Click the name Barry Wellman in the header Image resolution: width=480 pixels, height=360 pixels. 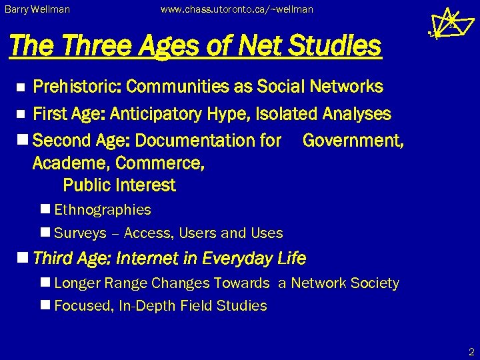tap(37, 10)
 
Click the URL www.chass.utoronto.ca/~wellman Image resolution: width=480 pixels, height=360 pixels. tap(237, 10)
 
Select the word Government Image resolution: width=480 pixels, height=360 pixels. tap(353, 141)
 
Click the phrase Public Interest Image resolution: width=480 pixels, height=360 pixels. tap(119, 185)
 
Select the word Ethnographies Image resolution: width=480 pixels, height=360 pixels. tap(103, 210)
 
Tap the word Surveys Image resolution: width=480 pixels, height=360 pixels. tap(80, 233)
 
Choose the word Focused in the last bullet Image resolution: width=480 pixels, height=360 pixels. tap(83, 306)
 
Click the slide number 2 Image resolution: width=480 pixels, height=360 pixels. tap(470, 351)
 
